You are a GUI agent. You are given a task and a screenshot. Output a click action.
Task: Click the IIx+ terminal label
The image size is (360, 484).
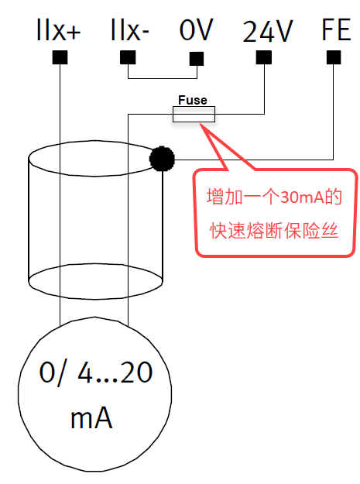coord(58,29)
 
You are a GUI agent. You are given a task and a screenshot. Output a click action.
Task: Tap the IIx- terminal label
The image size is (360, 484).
coord(130,29)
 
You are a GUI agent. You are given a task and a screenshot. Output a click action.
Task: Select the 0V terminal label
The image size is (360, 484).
coord(197,29)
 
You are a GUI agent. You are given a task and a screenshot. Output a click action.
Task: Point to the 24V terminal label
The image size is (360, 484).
coord(267,31)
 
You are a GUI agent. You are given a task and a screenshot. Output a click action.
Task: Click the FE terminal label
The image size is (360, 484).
coord(336,29)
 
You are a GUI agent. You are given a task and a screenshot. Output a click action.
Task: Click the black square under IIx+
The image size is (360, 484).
coord(60,57)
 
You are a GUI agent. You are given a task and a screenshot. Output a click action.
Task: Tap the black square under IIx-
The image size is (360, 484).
coord(128,57)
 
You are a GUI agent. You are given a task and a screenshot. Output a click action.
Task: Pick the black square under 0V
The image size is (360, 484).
coord(197,59)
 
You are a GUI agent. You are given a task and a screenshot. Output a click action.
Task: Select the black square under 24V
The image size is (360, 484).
coord(264,57)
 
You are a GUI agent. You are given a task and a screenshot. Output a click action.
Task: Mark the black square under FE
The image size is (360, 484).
coord(334,57)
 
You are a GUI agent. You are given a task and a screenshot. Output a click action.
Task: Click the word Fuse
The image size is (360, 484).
coord(193,100)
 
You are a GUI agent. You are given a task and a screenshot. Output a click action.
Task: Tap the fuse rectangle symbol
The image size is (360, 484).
coord(194,114)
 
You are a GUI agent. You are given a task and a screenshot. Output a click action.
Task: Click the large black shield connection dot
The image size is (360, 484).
coord(162,159)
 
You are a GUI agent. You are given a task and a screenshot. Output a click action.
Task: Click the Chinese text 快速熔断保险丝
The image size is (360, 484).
coord(274,231)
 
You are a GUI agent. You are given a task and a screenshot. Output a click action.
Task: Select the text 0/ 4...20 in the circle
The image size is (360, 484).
coord(96,373)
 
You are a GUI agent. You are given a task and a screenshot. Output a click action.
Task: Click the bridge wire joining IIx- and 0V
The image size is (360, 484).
coord(163,78)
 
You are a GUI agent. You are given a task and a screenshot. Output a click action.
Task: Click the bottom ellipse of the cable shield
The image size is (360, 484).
coord(95,299)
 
